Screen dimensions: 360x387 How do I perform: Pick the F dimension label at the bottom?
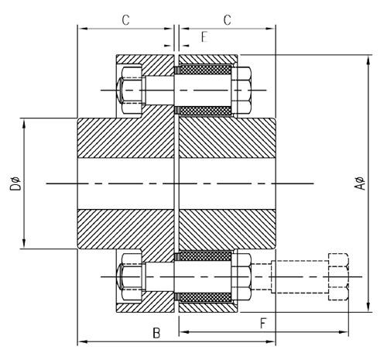[264, 324]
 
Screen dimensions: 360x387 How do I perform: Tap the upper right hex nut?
[242, 90]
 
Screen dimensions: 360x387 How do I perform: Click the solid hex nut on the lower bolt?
[242, 276]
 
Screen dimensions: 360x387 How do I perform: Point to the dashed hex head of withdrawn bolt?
[338, 276]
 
